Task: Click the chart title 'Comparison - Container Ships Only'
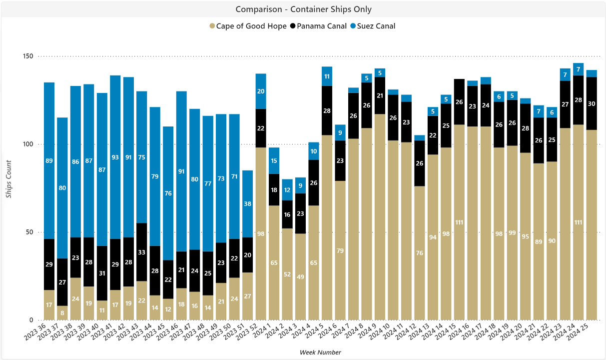[x=303, y=9]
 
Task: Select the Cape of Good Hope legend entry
[x=248, y=26]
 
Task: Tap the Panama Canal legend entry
[x=318, y=26]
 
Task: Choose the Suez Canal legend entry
[x=373, y=26]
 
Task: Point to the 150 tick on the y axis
[x=28, y=56]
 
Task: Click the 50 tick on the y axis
[x=29, y=232]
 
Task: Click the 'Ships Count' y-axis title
[x=8, y=179]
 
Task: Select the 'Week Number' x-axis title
[x=320, y=352]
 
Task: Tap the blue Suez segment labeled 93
[x=115, y=157]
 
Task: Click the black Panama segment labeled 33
[x=142, y=252]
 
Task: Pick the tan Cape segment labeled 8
[x=62, y=313]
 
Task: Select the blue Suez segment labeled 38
[x=247, y=204]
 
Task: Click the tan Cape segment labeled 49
[x=300, y=276]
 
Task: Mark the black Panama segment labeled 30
[x=592, y=103]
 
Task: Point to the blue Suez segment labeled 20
[x=261, y=91]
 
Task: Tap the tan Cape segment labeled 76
[x=420, y=253]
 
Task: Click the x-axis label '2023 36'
[x=35, y=332]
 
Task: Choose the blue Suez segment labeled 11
[x=327, y=76]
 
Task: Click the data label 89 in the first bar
[x=49, y=161]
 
